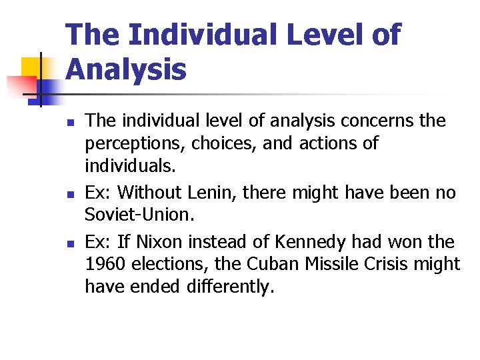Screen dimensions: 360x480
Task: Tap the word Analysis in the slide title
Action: pos(127,69)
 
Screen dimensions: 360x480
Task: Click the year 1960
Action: pos(105,265)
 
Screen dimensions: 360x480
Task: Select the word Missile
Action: pos(337,265)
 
